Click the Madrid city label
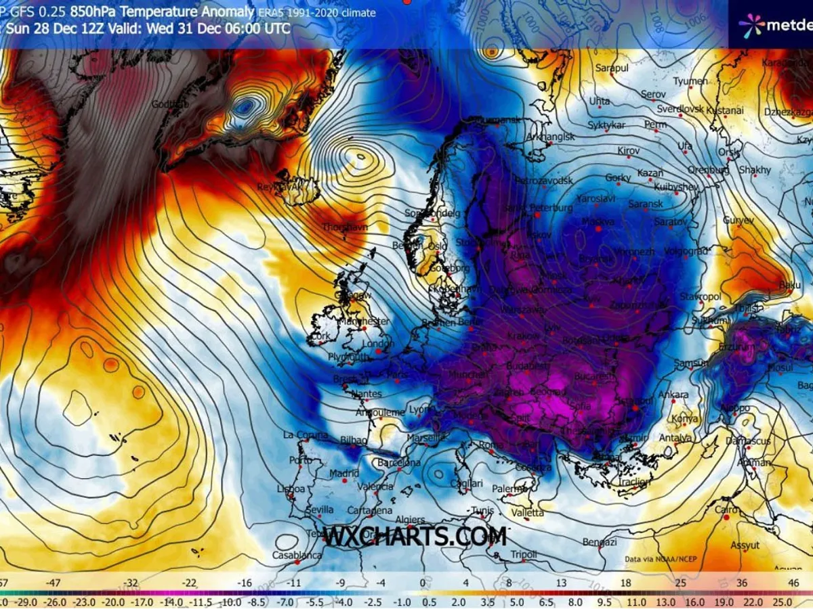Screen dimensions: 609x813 (x=343, y=474)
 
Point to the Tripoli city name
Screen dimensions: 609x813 (x=524, y=555)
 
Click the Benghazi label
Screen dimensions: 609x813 (x=600, y=542)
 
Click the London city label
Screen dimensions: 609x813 (x=378, y=343)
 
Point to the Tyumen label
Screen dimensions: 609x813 (x=690, y=81)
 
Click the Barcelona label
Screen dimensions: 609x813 (x=399, y=463)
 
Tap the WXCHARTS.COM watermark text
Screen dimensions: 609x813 (x=415, y=537)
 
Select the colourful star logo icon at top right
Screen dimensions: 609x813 (x=751, y=26)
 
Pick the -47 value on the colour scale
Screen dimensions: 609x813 (x=54, y=582)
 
